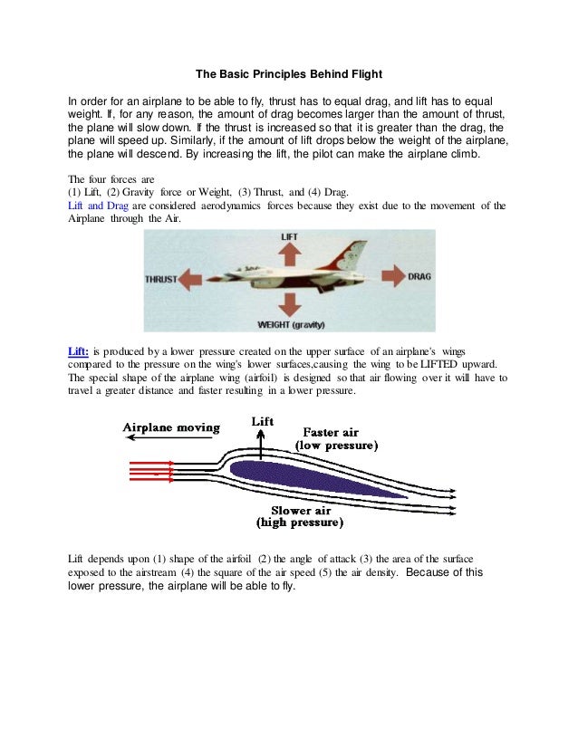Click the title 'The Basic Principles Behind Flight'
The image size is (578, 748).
point(288,74)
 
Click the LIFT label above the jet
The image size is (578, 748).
point(289,237)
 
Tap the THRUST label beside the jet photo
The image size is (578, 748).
point(161,279)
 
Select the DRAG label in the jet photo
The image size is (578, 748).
point(419,275)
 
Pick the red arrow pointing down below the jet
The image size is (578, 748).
point(289,303)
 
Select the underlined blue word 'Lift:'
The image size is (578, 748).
point(79,350)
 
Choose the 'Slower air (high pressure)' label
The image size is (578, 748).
point(301,516)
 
